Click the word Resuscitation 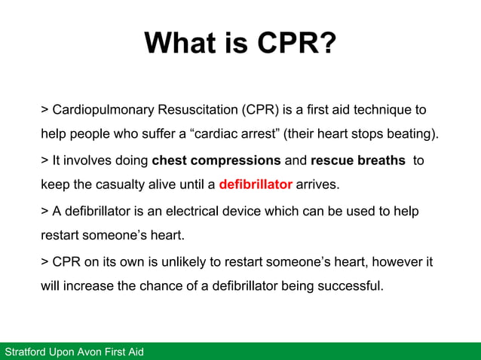pyautogui.click(x=196, y=110)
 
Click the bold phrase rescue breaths pyautogui.click(x=357, y=160)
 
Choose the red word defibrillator pyautogui.click(x=256, y=185)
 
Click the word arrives pyautogui.click(x=317, y=185)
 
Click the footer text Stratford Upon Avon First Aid pyautogui.click(x=74, y=352)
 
